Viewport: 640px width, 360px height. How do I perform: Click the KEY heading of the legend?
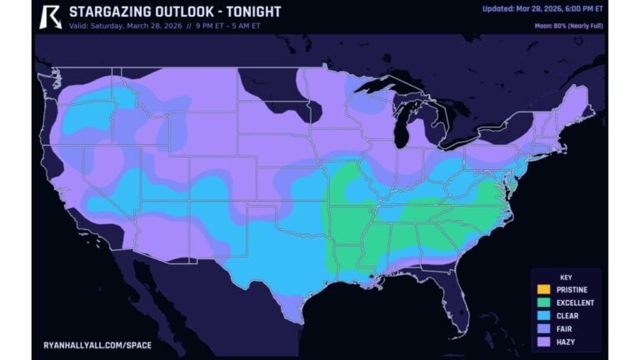pos(565,277)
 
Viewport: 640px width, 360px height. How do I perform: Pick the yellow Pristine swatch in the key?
pos(543,289)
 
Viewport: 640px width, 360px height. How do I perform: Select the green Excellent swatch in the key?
pos(543,302)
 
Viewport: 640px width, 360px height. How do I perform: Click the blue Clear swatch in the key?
pos(543,316)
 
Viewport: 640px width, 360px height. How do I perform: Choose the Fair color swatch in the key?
pos(543,329)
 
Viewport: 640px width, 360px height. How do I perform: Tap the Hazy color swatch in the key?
pos(543,342)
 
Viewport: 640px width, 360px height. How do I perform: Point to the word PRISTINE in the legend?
pos(572,289)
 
